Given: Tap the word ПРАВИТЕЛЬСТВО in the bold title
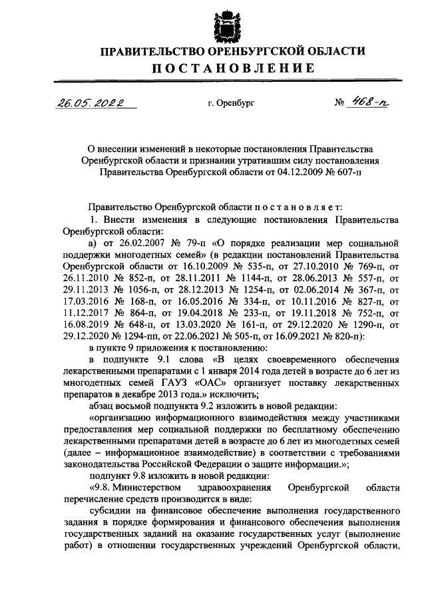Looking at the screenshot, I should tap(146, 51).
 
